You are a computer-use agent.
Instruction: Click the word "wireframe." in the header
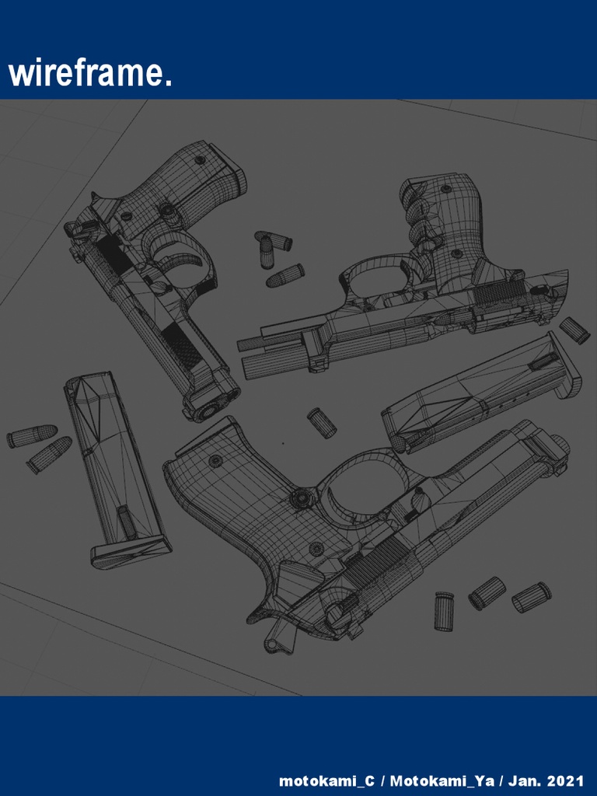coord(90,74)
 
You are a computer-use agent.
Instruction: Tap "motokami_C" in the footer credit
coord(326,780)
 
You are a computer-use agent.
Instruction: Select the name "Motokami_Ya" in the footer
coord(442,780)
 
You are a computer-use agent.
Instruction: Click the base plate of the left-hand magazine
coord(131,553)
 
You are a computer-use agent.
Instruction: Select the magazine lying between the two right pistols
coord(482,393)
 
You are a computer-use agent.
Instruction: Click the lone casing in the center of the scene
coord(322,422)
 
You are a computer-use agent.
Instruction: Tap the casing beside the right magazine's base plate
coord(574,330)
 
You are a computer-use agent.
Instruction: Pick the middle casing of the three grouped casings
coord(487,593)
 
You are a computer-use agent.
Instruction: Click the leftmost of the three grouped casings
coord(444,611)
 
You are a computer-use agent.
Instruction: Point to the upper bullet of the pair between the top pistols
coord(273,239)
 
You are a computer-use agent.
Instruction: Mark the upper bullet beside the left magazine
coord(32,436)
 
